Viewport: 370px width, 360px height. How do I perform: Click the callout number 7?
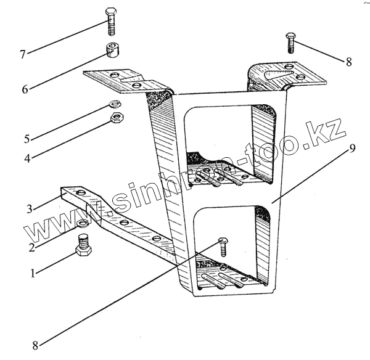(22, 54)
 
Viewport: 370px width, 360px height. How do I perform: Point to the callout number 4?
(27, 158)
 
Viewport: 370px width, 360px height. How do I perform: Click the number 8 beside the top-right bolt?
(348, 62)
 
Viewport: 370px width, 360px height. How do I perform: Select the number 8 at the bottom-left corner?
(36, 346)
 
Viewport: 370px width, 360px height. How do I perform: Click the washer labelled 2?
(82, 223)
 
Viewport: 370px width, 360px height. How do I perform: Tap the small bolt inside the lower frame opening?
(223, 245)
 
